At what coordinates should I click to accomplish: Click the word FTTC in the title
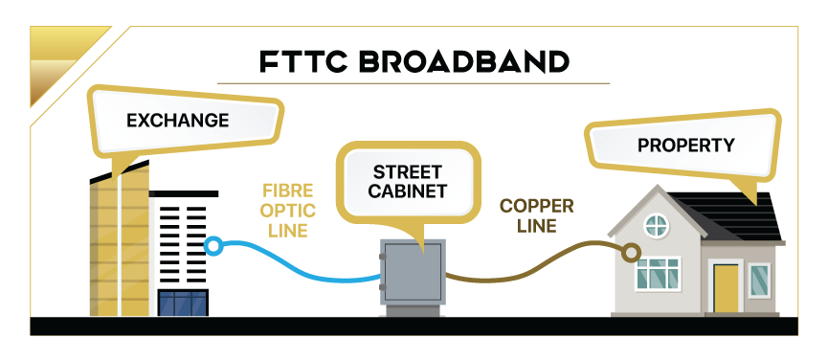pos(300,61)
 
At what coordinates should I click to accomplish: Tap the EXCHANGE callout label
pos(177,121)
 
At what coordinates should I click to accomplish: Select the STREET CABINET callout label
pos(408,181)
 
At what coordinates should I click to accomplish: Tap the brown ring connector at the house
pos(630,253)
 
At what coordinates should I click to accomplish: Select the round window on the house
pos(656,226)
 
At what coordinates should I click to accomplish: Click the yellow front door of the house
pos(727,287)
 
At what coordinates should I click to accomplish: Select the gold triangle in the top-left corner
pos(57,57)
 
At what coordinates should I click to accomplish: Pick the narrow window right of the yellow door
pos(759,280)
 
